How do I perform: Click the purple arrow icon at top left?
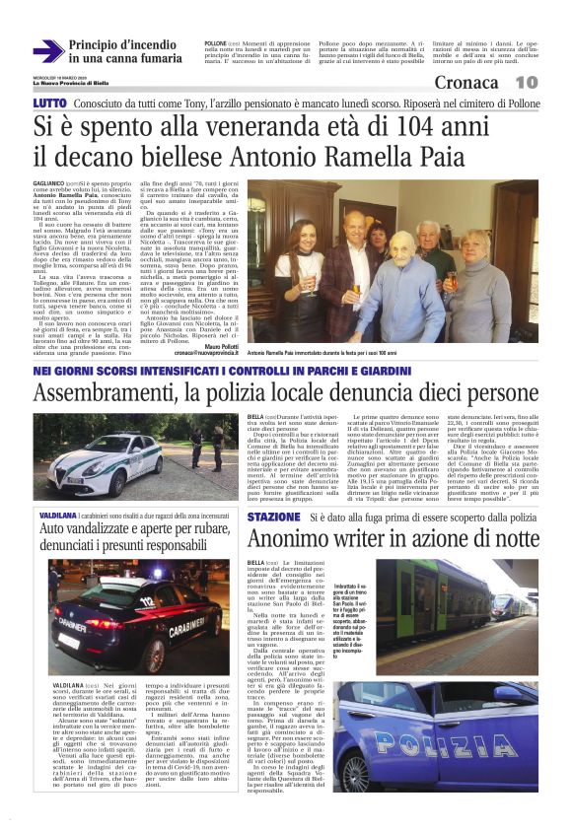[48, 51]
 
